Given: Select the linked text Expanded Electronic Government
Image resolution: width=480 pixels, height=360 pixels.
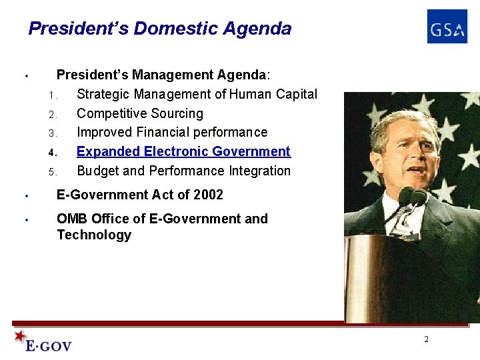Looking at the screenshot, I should pyautogui.click(x=183, y=151).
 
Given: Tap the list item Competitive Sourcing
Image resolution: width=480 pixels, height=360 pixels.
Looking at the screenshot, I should pyautogui.click(x=140, y=113).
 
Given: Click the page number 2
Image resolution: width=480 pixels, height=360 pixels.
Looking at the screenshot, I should pyautogui.click(x=427, y=339).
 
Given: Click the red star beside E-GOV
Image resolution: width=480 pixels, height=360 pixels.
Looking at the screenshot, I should pyautogui.click(x=20, y=336).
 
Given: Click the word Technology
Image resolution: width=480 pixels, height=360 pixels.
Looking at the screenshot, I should pyautogui.click(x=94, y=235).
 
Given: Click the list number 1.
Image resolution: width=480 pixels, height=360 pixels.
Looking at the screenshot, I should pyautogui.click(x=51, y=95).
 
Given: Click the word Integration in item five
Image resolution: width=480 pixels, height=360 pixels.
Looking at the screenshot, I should pyautogui.click(x=259, y=171).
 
